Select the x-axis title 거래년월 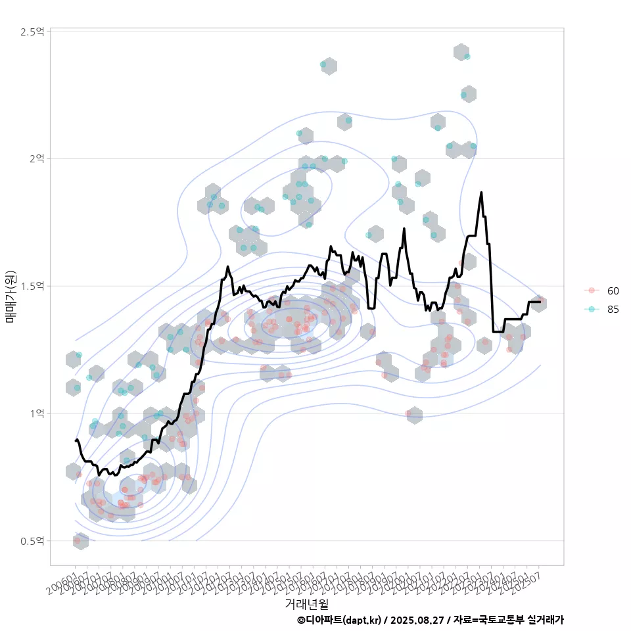pos(306,603)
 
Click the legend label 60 pos(613,291)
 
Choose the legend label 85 pos(613,310)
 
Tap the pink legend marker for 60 pos(592,291)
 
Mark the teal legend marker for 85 pos(592,310)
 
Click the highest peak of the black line pos(482,193)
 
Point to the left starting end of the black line pos(76,440)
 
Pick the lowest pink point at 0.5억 pos(77,541)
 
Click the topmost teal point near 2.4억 pos(467,57)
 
